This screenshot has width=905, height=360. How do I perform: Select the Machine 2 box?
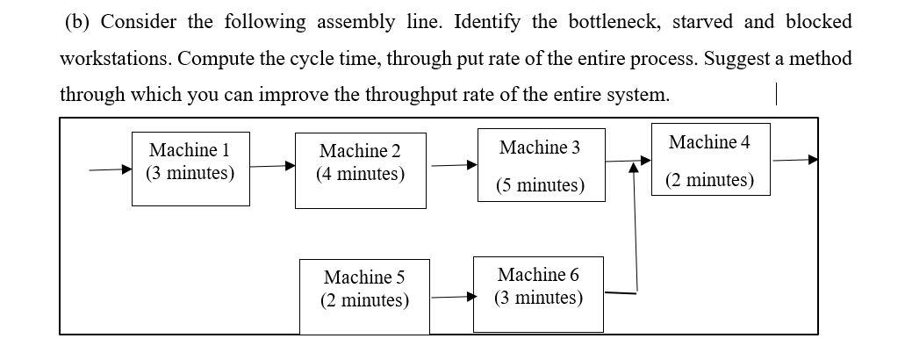point(360,170)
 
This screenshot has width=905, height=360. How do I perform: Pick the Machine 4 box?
point(710,159)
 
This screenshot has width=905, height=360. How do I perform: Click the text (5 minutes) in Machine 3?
point(539,185)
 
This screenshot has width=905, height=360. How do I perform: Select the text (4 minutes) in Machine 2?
point(361,174)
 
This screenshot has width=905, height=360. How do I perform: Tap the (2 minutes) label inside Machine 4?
point(709,180)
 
